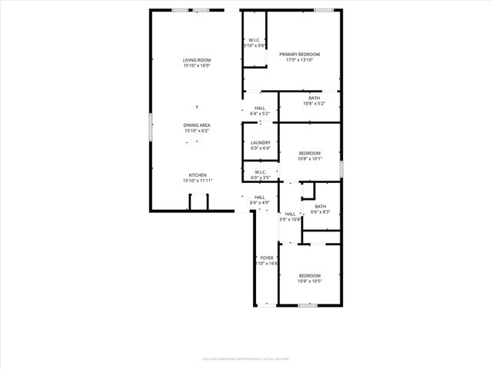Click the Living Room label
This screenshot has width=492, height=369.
(197, 60)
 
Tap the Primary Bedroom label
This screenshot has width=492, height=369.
(299, 54)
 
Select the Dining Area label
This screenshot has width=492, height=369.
(197, 125)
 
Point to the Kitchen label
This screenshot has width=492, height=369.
(198, 175)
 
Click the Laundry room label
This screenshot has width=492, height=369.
(260, 142)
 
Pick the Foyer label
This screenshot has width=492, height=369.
(266, 258)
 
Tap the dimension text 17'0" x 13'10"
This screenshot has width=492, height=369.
(299, 60)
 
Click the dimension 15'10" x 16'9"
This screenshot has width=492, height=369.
(197, 66)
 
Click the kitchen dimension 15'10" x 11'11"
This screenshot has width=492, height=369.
(198, 181)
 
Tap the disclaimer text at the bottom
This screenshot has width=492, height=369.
(245, 356)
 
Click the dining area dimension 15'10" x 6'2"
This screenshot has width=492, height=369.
(197, 131)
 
